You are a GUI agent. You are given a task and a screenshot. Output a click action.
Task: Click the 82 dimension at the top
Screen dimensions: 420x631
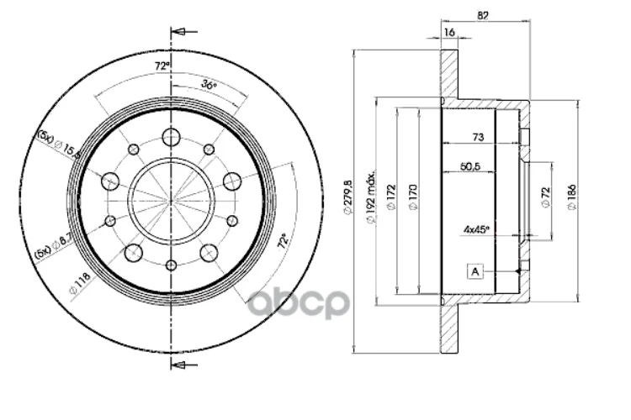(x=482, y=15)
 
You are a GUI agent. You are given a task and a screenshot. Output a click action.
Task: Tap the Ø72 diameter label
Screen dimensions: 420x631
(x=545, y=199)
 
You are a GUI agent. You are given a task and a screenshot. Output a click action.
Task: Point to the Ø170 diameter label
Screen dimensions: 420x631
(x=412, y=199)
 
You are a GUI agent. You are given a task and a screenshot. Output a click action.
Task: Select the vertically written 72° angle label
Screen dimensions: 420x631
(x=284, y=242)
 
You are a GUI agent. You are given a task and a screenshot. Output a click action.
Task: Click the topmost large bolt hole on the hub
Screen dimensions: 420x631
(x=172, y=137)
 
